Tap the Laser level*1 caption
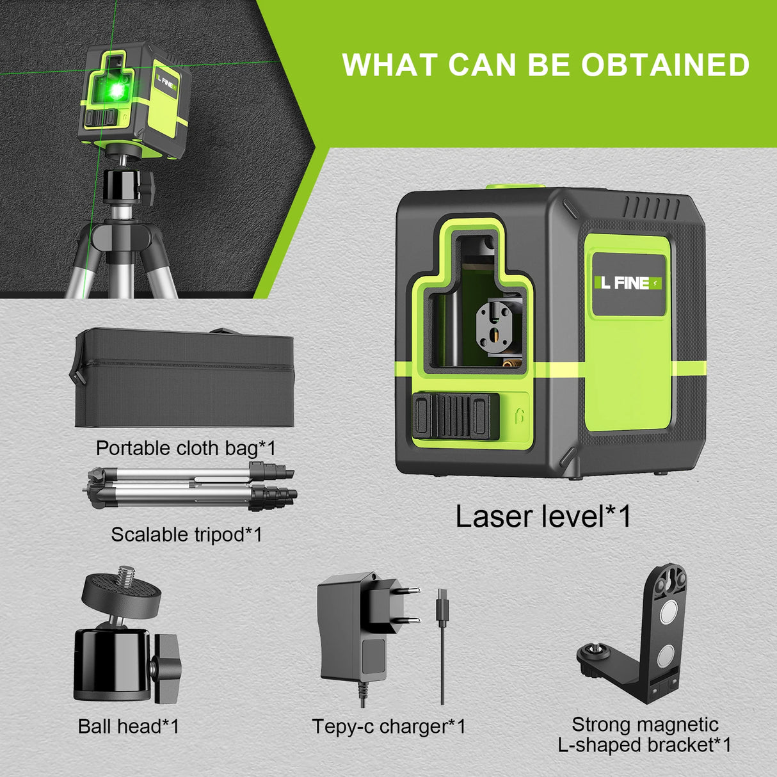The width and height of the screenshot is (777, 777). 543,517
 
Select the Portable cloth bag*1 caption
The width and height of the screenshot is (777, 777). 186,448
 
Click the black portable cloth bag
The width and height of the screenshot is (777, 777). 184,378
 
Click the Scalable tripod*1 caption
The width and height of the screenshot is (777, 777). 186,534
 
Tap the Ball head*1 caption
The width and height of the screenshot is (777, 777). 128,726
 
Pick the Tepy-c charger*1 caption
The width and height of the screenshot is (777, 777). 389,726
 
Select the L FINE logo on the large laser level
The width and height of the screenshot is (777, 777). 629,283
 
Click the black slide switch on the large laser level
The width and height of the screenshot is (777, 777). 454,416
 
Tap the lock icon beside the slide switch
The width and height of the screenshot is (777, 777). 520,416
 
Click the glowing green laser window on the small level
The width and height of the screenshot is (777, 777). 116,91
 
